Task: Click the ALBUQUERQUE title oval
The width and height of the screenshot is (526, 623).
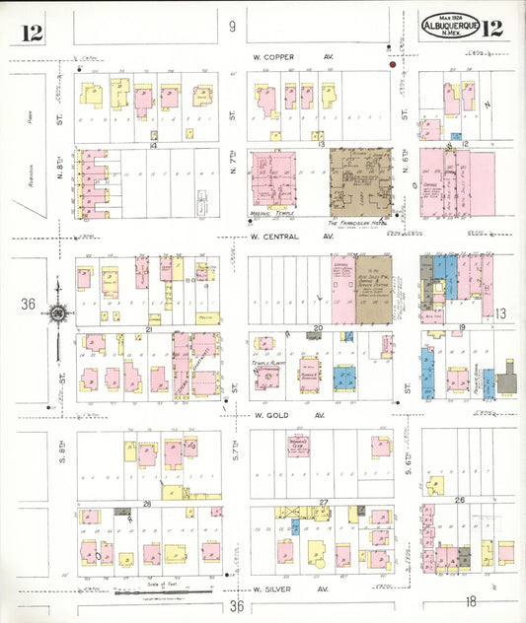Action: pyautogui.click(x=451, y=27)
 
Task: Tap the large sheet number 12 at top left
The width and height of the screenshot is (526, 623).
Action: pyautogui.click(x=31, y=32)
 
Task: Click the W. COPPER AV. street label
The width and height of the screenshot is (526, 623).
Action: pyautogui.click(x=293, y=57)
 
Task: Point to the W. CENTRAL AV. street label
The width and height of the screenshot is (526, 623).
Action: pyautogui.click(x=292, y=237)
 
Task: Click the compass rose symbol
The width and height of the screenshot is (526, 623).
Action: pyautogui.click(x=57, y=313)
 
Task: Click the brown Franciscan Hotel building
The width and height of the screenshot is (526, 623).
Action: pyautogui.click(x=360, y=183)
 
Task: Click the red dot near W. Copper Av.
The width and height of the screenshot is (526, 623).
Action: pyautogui.click(x=393, y=65)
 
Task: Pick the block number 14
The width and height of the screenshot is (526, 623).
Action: pyautogui.click(x=153, y=145)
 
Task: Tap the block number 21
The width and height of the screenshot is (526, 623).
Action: pyautogui.click(x=148, y=328)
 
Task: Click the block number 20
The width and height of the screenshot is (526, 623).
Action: pyautogui.click(x=318, y=327)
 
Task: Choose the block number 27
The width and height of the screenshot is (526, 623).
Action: pyautogui.click(x=324, y=503)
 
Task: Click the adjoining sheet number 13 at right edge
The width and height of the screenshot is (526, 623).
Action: pyautogui.click(x=500, y=312)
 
